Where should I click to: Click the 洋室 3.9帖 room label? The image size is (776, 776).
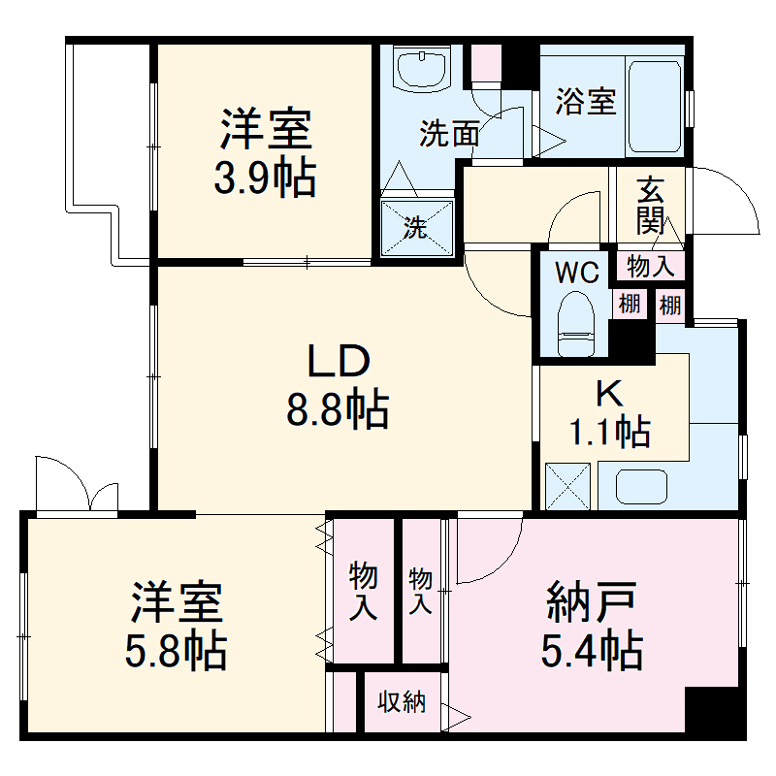click(x=264, y=152)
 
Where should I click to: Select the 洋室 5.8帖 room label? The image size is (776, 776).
click(x=177, y=627)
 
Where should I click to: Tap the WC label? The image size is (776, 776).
click(x=575, y=274)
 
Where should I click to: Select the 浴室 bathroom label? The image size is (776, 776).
click(x=586, y=102)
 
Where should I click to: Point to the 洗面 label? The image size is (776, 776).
click(x=449, y=134)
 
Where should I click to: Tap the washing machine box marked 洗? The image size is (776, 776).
click(x=416, y=228)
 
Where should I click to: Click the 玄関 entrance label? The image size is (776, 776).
click(x=649, y=205)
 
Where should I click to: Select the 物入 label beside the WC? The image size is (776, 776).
click(x=650, y=264)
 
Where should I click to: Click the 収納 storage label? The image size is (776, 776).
click(x=402, y=702)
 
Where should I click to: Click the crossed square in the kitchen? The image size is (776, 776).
click(x=568, y=484)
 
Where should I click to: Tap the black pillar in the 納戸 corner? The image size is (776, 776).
click(x=714, y=714)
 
